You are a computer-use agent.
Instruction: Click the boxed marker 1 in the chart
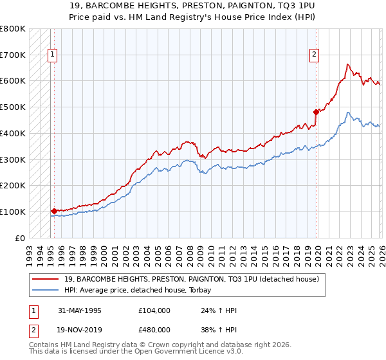51,55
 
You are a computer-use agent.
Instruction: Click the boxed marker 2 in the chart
315,55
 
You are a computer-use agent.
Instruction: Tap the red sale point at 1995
54,210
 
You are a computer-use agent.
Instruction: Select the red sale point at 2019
316,112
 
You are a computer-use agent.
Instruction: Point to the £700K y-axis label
13,55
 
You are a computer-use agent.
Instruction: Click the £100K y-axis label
13,212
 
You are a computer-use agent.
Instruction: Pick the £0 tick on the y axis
21,238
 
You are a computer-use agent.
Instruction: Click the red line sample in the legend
46,280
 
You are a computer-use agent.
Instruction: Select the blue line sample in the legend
46,291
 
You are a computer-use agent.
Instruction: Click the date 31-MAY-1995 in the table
80,310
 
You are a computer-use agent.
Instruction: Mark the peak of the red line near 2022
347,64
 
